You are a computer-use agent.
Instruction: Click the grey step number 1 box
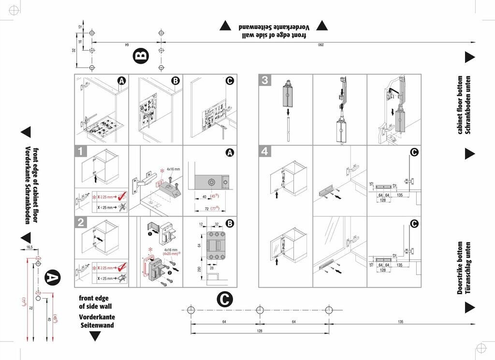[x=81, y=151]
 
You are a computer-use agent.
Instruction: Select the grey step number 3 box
[x=264, y=80]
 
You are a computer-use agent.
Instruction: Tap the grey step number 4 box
[x=264, y=151]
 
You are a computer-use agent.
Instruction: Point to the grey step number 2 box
[x=81, y=222]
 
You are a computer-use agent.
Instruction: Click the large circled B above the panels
[x=140, y=56]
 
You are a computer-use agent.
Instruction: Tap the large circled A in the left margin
[x=52, y=278]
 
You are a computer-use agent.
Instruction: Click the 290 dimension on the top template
[x=320, y=45]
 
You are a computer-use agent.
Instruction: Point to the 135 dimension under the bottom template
[x=401, y=322]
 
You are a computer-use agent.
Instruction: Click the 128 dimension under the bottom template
[x=260, y=331]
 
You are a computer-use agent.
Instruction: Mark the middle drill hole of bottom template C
[x=260, y=309]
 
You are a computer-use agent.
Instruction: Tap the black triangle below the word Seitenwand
[x=96, y=336]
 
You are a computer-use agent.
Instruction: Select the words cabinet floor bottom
[x=460, y=105]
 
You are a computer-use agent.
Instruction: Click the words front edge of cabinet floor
[x=35, y=186]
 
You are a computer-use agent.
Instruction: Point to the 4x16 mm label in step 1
[x=173, y=169]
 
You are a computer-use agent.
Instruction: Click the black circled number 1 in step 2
[x=150, y=233]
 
